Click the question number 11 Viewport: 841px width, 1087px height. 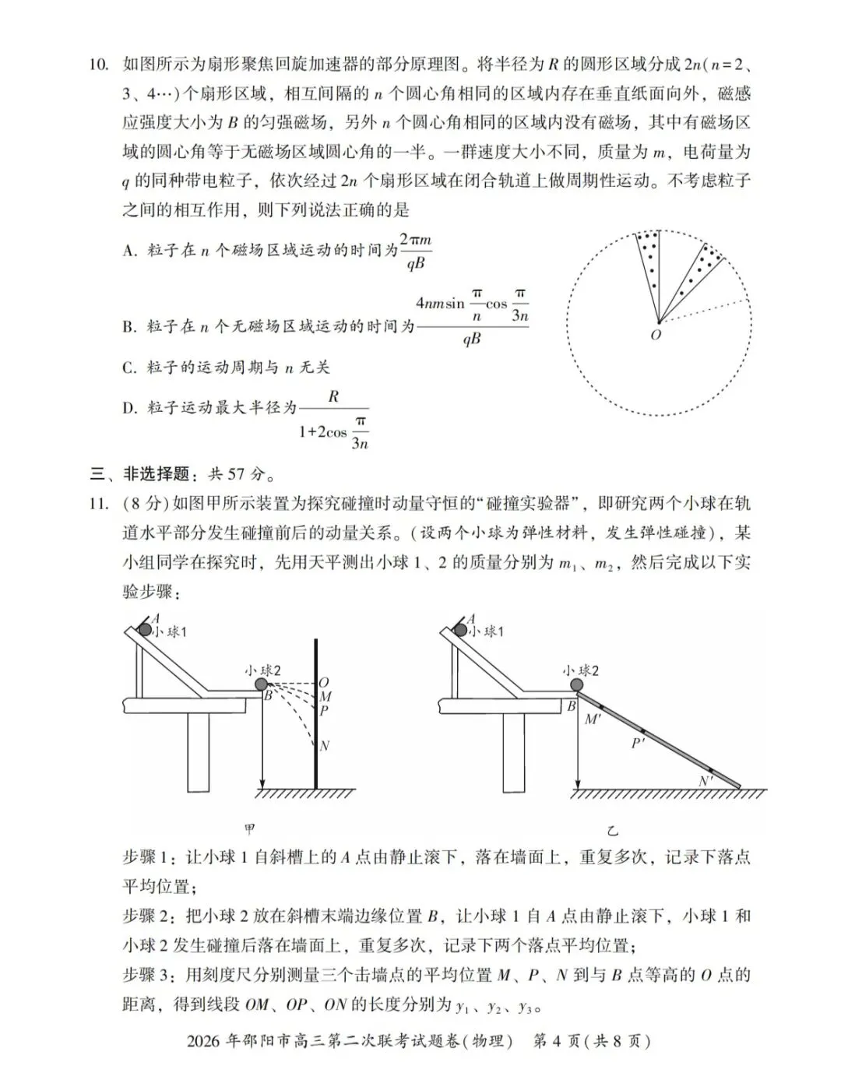98,504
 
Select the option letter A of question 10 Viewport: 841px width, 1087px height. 129,251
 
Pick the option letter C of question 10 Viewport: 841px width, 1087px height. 129,368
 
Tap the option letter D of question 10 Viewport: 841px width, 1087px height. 129,407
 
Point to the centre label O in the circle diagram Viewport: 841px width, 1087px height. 656,335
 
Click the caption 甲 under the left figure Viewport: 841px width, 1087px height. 249,830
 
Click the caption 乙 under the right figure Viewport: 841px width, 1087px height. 614,830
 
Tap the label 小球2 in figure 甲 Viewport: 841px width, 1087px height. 262,670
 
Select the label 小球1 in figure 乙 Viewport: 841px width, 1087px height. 487,631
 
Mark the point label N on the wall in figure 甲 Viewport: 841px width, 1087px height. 325,745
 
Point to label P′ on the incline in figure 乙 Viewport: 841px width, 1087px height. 638,744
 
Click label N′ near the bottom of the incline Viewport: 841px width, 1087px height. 706,781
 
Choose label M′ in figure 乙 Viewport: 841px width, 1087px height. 593,719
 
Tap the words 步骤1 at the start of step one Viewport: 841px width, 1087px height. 150,857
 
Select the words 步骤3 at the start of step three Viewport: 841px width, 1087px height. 150,975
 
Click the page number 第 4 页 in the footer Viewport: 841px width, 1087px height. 558,1041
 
